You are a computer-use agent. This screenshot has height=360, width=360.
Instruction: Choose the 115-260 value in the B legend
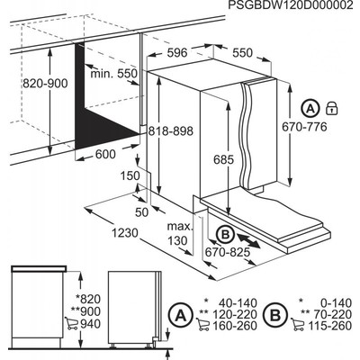tap(332, 324)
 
